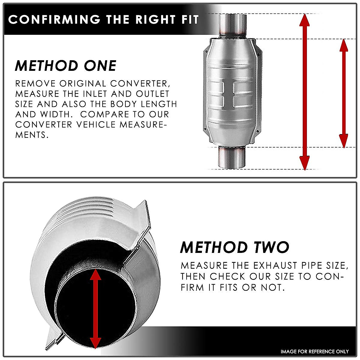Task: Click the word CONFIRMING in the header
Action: click(x=54, y=19)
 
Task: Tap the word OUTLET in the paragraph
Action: click(x=153, y=94)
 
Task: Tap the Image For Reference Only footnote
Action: click(x=315, y=351)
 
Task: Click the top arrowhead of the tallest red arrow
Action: click(x=304, y=19)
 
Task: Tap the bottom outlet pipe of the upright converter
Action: click(x=232, y=157)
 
